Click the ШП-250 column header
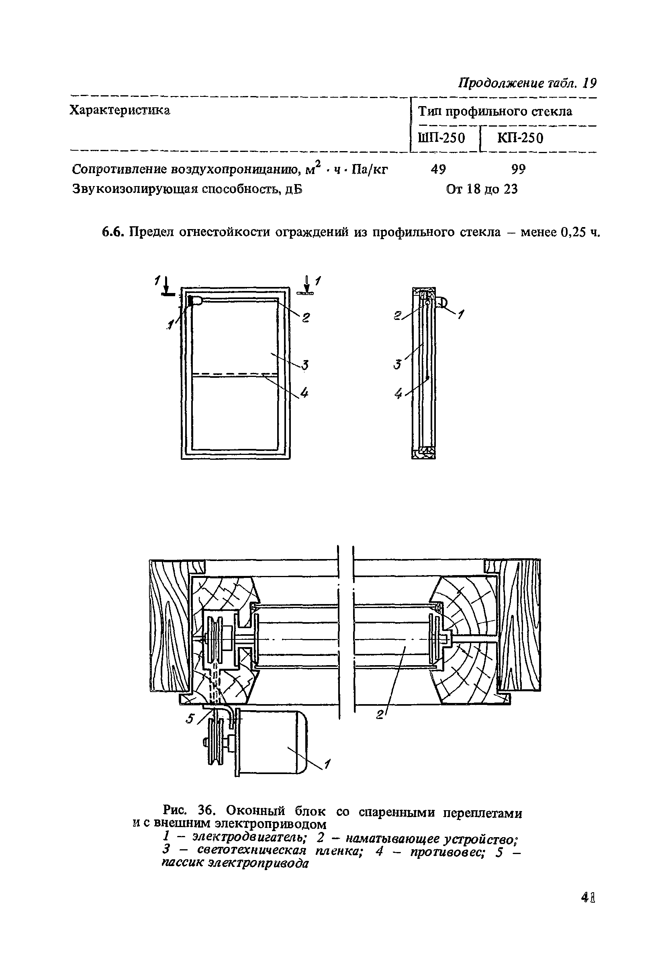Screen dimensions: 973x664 pos(441,138)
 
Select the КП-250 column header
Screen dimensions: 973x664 pos(520,138)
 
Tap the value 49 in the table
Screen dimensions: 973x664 pos(438,169)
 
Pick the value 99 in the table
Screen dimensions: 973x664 pos(518,169)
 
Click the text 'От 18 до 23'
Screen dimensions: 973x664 pos(482,189)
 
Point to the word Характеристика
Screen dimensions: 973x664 pos(120,110)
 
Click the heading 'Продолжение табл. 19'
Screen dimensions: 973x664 pos(527,83)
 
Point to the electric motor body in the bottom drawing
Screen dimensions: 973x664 pos(272,742)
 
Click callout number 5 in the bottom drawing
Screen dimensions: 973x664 pos(190,719)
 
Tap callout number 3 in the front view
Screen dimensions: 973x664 pos(305,365)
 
